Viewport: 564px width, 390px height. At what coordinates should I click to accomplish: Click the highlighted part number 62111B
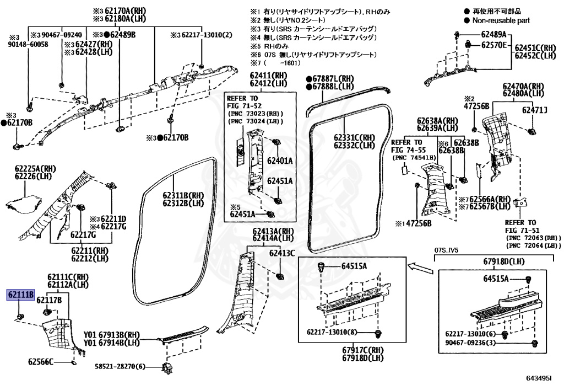[20, 295]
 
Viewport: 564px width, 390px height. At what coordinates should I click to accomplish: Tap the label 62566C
[41, 362]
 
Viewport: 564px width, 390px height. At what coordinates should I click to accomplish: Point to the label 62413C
[281, 253]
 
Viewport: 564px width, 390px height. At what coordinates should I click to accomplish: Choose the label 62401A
[280, 161]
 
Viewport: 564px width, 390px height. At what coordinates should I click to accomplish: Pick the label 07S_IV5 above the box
[447, 250]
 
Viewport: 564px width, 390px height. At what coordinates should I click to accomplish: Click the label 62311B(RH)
[183, 195]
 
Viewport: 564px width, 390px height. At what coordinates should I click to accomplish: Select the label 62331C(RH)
[354, 137]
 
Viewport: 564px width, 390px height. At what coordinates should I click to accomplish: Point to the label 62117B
[49, 300]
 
